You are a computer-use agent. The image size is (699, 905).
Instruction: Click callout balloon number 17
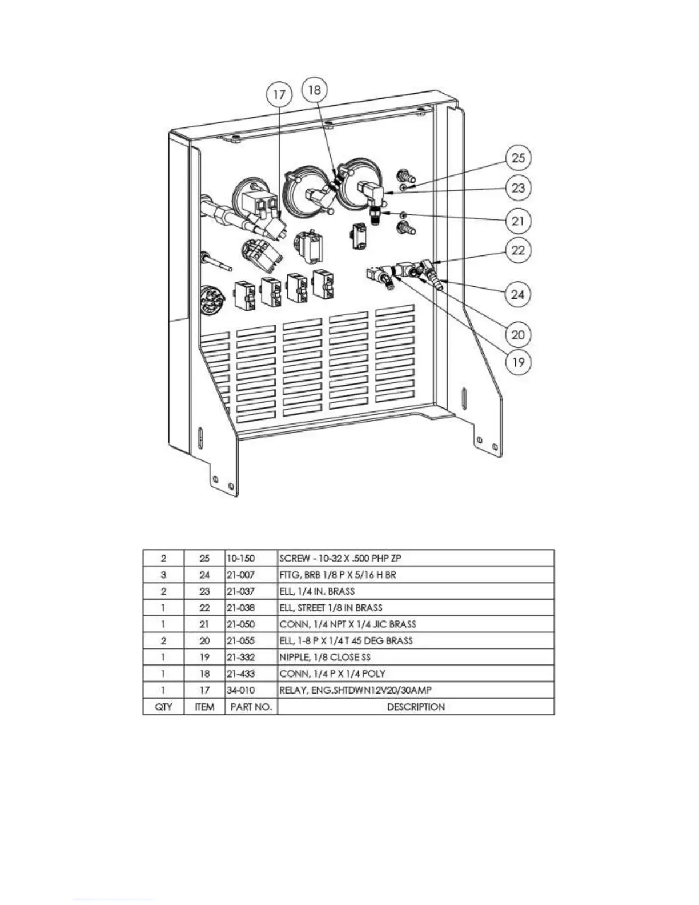pyautogui.click(x=279, y=94)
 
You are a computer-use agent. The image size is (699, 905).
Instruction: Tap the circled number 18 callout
pyautogui.click(x=315, y=90)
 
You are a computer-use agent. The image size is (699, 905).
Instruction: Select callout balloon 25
pyautogui.click(x=518, y=158)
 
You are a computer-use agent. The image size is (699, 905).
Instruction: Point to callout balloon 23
pyautogui.click(x=518, y=188)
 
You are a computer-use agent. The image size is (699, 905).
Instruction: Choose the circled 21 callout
pyautogui.click(x=518, y=221)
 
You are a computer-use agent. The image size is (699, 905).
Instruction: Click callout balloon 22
pyautogui.click(x=518, y=250)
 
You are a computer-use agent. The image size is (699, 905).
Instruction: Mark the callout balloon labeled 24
pyautogui.click(x=518, y=294)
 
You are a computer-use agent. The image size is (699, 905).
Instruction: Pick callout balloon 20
pyautogui.click(x=518, y=334)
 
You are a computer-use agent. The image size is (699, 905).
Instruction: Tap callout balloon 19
pyautogui.click(x=518, y=362)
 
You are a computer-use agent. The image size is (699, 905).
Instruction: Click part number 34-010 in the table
pyautogui.click(x=240, y=690)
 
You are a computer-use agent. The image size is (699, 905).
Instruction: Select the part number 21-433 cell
pyautogui.click(x=240, y=674)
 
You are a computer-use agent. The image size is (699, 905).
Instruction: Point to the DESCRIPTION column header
pyautogui.click(x=416, y=707)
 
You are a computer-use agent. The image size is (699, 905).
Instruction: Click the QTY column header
pyautogui.click(x=163, y=707)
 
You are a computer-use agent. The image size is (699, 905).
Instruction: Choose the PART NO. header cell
pyautogui.click(x=251, y=707)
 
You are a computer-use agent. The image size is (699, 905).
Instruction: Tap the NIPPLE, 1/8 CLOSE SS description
pyautogui.click(x=325, y=657)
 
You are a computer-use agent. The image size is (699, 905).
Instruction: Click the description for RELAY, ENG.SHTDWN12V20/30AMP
pyautogui.click(x=355, y=690)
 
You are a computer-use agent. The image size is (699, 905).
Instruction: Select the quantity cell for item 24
pyautogui.click(x=163, y=575)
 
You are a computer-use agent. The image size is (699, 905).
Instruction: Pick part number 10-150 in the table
pyautogui.click(x=240, y=558)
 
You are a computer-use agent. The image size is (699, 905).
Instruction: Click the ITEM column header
pyautogui.click(x=204, y=707)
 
